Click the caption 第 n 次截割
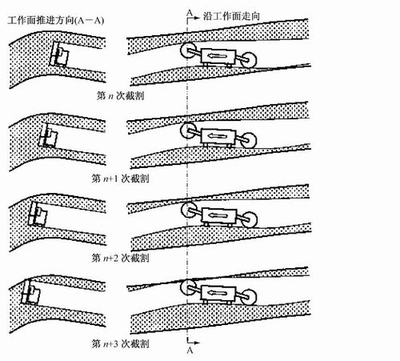tap(121, 95)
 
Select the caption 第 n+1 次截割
tap(120, 178)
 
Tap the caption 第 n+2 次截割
tap(120, 258)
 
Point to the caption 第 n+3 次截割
tap(120, 343)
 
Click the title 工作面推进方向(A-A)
tap(55, 20)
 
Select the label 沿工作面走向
tap(231, 16)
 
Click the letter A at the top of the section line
tap(190, 13)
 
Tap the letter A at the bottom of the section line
tap(190, 351)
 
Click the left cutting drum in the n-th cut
tap(188, 50)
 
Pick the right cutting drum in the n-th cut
tap(249, 60)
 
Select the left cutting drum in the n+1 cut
tap(188, 130)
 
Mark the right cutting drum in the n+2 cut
tap(250, 220)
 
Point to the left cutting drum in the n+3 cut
tap(188, 287)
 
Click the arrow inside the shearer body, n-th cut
tap(218, 56)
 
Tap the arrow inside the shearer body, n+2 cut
tap(218, 215)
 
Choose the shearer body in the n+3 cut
tap(218, 294)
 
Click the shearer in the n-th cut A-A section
tap(59, 54)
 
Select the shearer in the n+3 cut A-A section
tap(30, 292)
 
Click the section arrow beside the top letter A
tap(194, 18)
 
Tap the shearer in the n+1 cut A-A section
tap(48, 135)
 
